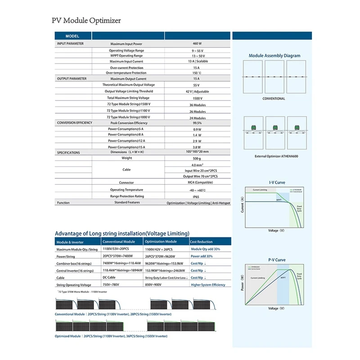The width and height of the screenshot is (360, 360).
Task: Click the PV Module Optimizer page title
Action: point(87,20)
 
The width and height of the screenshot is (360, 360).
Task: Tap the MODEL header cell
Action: point(72,36)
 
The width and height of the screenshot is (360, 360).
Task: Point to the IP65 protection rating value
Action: point(196,196)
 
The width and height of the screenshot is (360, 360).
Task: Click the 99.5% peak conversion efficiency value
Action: point(197,123)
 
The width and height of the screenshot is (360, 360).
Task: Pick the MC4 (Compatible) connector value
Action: point(197,183)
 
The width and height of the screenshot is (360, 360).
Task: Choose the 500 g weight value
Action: point(197,159)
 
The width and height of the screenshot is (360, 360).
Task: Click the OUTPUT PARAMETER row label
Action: point(72,79)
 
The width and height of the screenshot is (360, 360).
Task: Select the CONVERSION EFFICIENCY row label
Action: point(75,123)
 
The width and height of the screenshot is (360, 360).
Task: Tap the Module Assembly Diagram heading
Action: point(274,56)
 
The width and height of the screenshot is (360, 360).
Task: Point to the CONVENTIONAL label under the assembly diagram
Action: point(274,99)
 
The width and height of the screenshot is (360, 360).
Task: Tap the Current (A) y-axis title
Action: point(243,205)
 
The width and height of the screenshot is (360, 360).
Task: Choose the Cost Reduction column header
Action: point(202,242)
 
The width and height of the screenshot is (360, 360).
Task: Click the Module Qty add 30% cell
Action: point(205,249)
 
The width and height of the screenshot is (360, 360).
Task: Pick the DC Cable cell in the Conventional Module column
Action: point(112,278)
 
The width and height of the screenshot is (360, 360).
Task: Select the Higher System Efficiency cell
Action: point(208,285)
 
